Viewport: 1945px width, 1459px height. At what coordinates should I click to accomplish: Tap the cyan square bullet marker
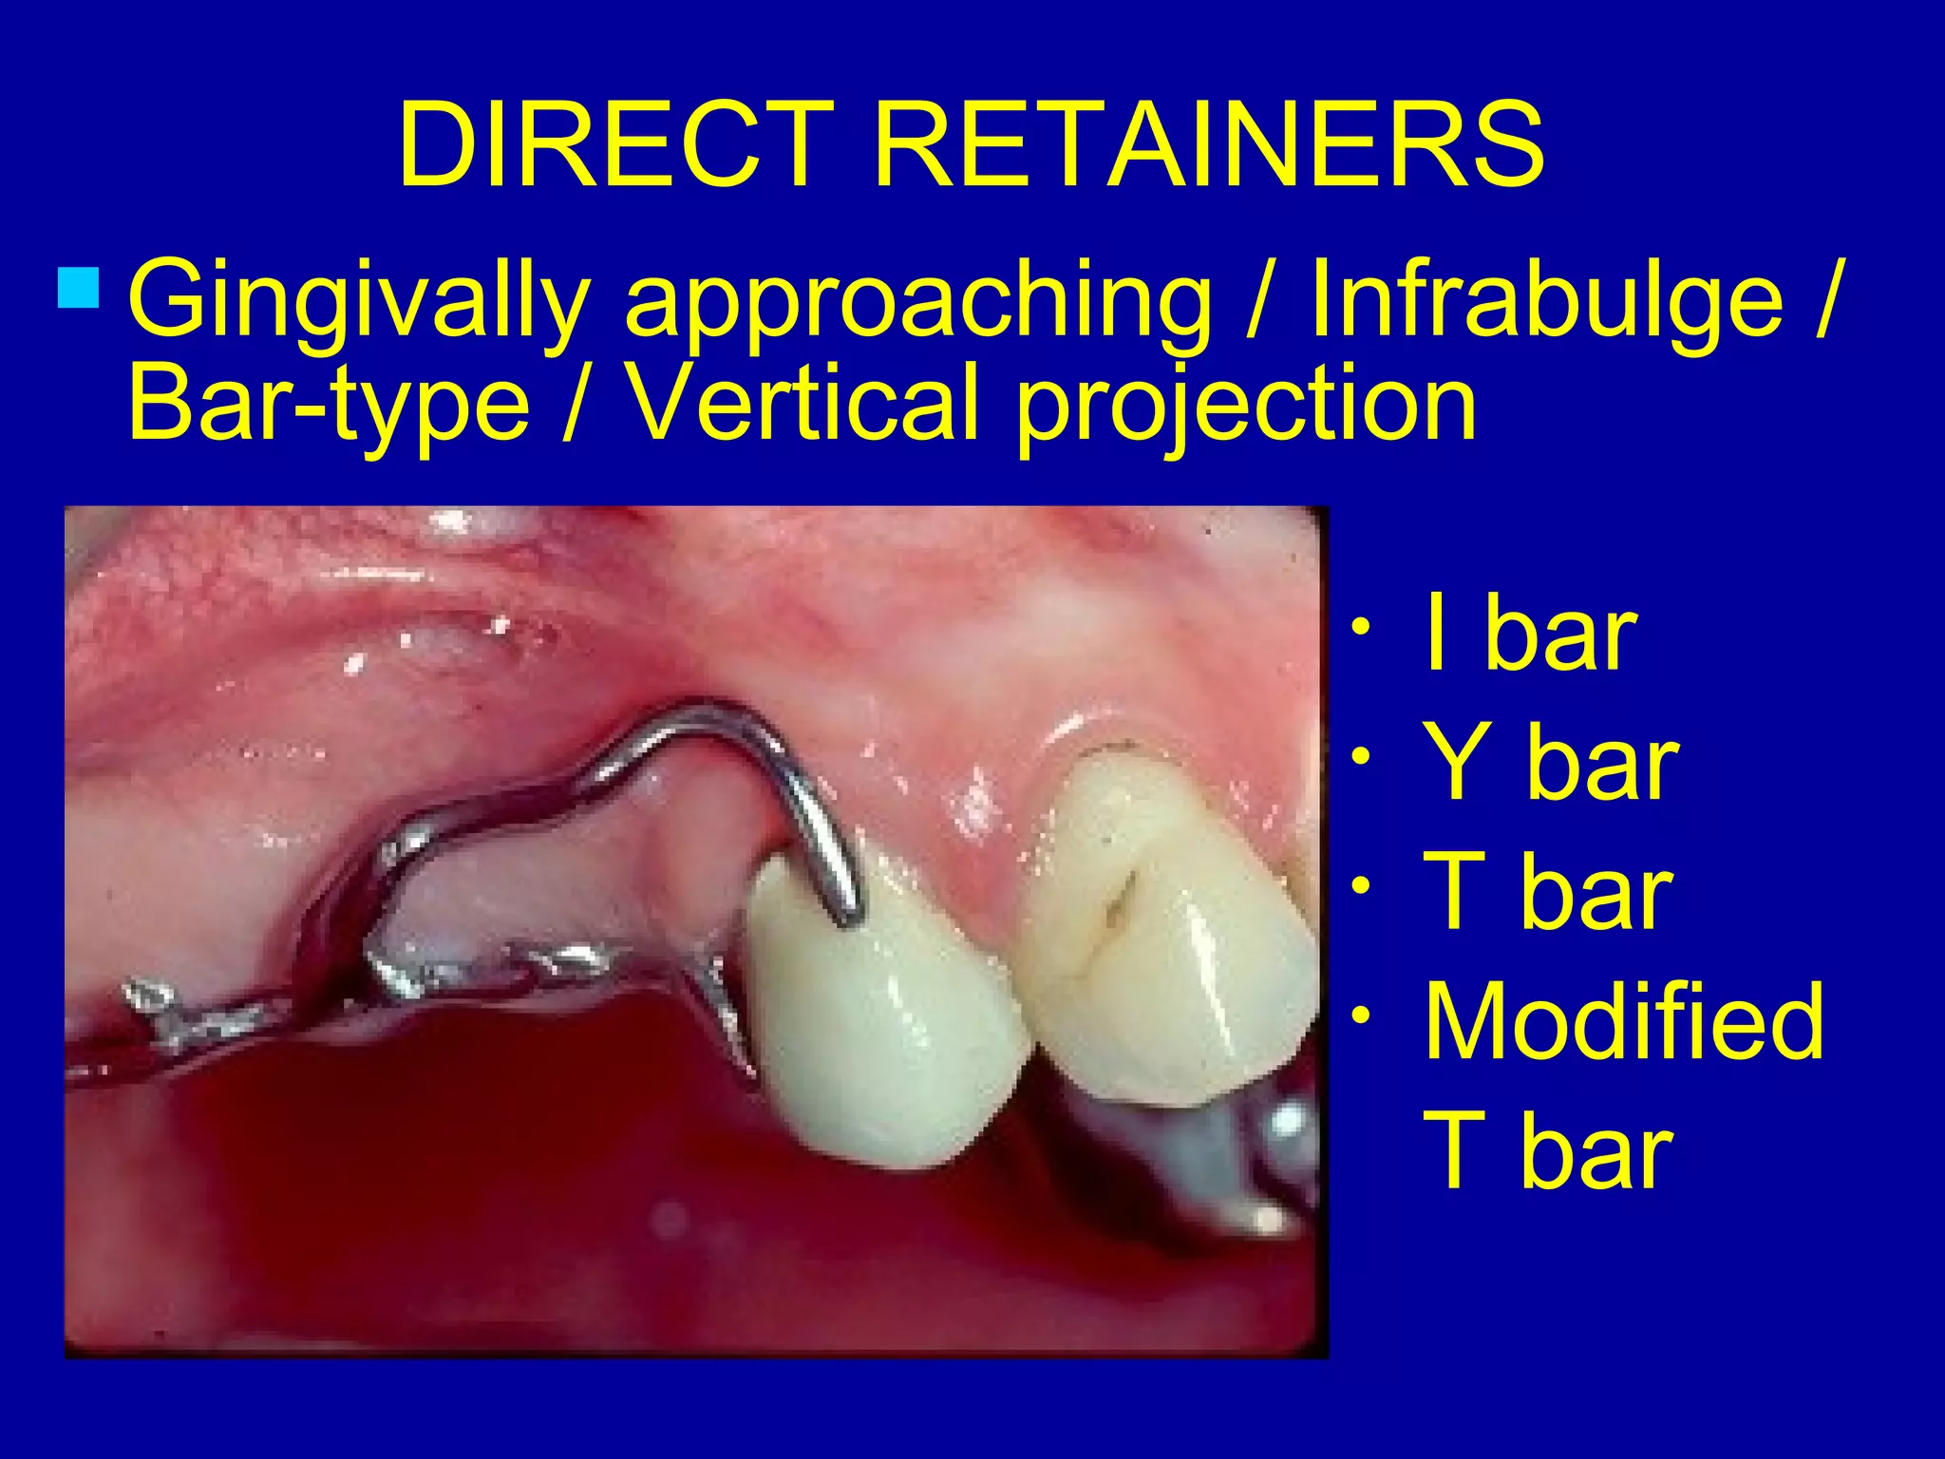(78, 289)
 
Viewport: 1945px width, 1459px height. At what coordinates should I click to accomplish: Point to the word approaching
(917, 302)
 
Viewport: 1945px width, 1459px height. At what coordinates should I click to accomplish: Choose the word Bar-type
(328, 405)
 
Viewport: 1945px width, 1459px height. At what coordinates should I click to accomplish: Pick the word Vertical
(803, 403)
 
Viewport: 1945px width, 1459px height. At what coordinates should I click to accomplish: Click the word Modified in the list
(1624, 1022)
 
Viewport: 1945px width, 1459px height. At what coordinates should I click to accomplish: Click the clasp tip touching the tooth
(848, 917)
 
